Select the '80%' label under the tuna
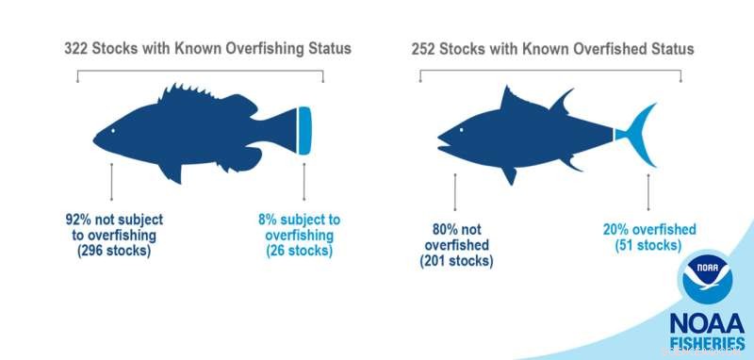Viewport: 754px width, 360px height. point(434,228)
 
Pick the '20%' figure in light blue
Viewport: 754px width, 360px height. point(618,229)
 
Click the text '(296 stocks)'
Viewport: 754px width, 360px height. point(113,252)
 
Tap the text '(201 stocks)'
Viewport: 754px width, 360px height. point(456,261)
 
